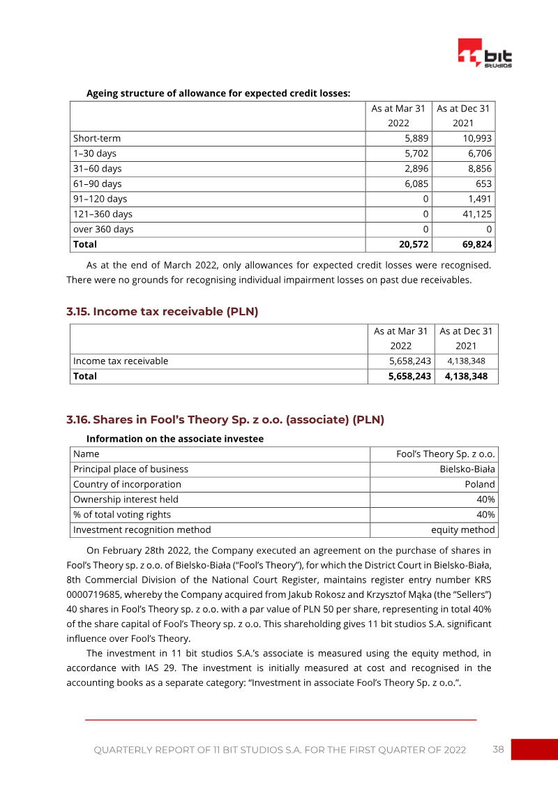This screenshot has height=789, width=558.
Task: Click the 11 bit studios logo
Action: click(x=485, y=54)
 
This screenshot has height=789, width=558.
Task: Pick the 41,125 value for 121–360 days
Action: click(x=477, y=214)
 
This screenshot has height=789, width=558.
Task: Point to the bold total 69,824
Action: click(x=477, y=244)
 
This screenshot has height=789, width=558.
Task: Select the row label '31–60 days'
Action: click(x=97, y=169)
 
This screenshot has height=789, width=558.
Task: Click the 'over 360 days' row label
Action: click(x=103, y=230)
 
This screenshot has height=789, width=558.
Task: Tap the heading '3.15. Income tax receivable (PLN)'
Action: click(x=163, y=312)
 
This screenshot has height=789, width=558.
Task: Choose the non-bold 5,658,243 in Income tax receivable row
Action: click(x=410, y=361)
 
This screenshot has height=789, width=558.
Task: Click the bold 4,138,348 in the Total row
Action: click(x=466, y=376)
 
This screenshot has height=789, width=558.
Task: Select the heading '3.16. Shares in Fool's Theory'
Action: click(x=225, y=420)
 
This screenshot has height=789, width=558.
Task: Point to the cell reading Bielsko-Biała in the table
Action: click(x=467, y=469)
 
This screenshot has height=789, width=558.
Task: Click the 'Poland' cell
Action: click(x=480, y=484)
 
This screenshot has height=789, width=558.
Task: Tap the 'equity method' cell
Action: click(x=463, y=529)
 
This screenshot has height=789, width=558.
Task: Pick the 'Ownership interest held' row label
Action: click(x=126, y=499)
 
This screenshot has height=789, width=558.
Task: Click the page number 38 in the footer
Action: click(x=498, y=749)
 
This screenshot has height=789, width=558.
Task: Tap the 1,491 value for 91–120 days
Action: click(x=481, y=199)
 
